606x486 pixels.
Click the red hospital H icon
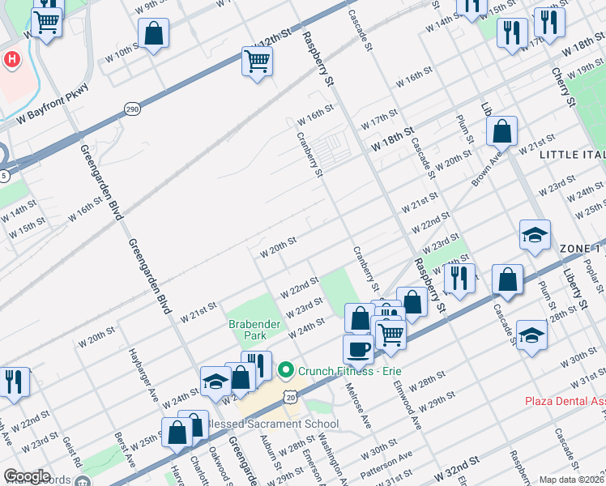pos(12,59)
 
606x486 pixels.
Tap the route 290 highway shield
pos(131,108)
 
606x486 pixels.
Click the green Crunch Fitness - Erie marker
pos(284,371)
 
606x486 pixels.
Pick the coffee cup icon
pos(357,349)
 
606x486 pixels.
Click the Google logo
pos(27,476)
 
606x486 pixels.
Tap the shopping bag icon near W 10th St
pos(153,34)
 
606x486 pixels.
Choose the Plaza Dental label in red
pos(564,401)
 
